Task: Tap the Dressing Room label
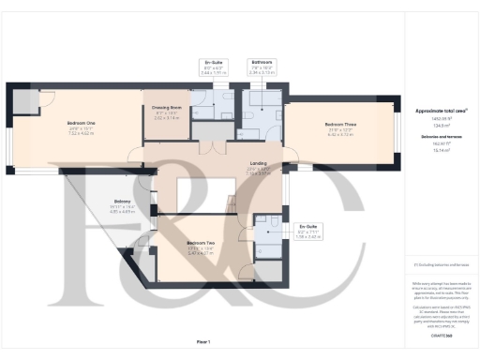(167, 108)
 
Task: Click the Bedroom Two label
(201, 242)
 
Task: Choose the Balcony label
(123, 201)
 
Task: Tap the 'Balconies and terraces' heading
(440, 136)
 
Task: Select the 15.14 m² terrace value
(440, 149)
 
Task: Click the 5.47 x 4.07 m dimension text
(201, 253)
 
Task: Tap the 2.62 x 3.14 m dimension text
(167, 119)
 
